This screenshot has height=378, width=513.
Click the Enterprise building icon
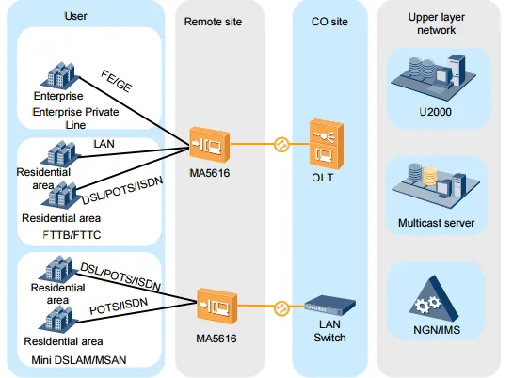click(57, 73)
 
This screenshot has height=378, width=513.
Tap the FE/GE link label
click(117, 86)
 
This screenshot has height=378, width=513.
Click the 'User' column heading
click(75, 16)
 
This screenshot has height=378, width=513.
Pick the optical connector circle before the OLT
click(279, 146)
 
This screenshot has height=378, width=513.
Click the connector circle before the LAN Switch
click(279, 307)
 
